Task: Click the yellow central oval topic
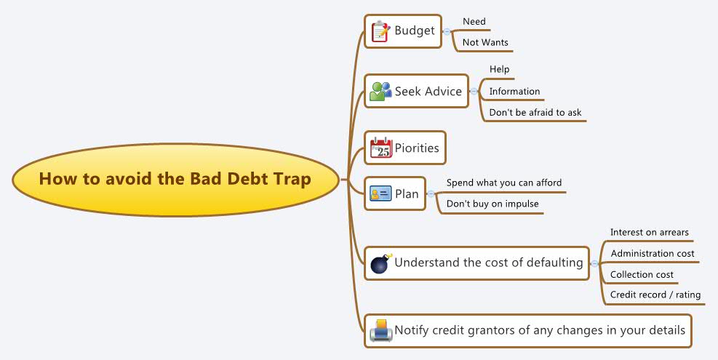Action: pyautogui.click(x=175, y=180)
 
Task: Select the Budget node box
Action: pyautogui.click(x=403, y=31)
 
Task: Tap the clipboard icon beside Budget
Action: pyautogui.click(x=380, y=31)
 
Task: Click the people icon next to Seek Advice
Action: pyautogui.click(x=380, y=92)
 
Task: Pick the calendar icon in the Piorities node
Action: pyautogui.click(x=381, y=148)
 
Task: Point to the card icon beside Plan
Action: pyautogui.click(x=380, y=194)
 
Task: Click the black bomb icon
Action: pyautogui.click(x=380, y=263)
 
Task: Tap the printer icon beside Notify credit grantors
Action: pyautogui.click(x=380, y=331)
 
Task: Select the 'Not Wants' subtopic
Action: pyautogui.click(x=485, y=43)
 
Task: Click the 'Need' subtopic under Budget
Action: pyautogui.click(x=474, y=22)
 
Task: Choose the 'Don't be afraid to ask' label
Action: pyautogui.click(x=535, y=113)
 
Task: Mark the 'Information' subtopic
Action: pyautogui.click(x=514, y=92)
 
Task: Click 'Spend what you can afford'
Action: pyautogui.click(x=504, y=183)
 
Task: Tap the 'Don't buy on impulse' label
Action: pyautogui.click(x=492, y=204)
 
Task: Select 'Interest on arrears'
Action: pyautogui.click(x=650, y=233)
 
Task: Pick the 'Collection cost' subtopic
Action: pyautogui.click(x=642, y=275)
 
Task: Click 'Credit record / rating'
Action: pyautogui.click(x=655, y=295)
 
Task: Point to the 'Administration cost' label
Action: pyautogui.click(x=653, y=254)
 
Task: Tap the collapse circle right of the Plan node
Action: pyautogui.click(x=431, y=194)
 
